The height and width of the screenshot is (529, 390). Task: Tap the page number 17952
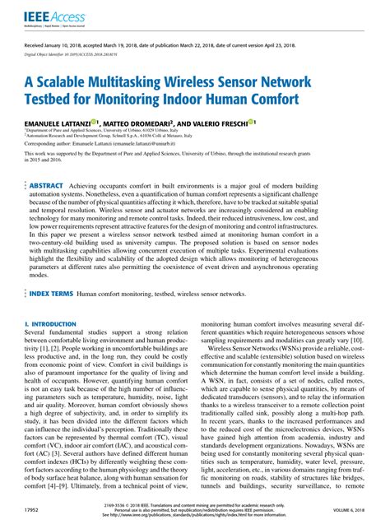tap(33, 510)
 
